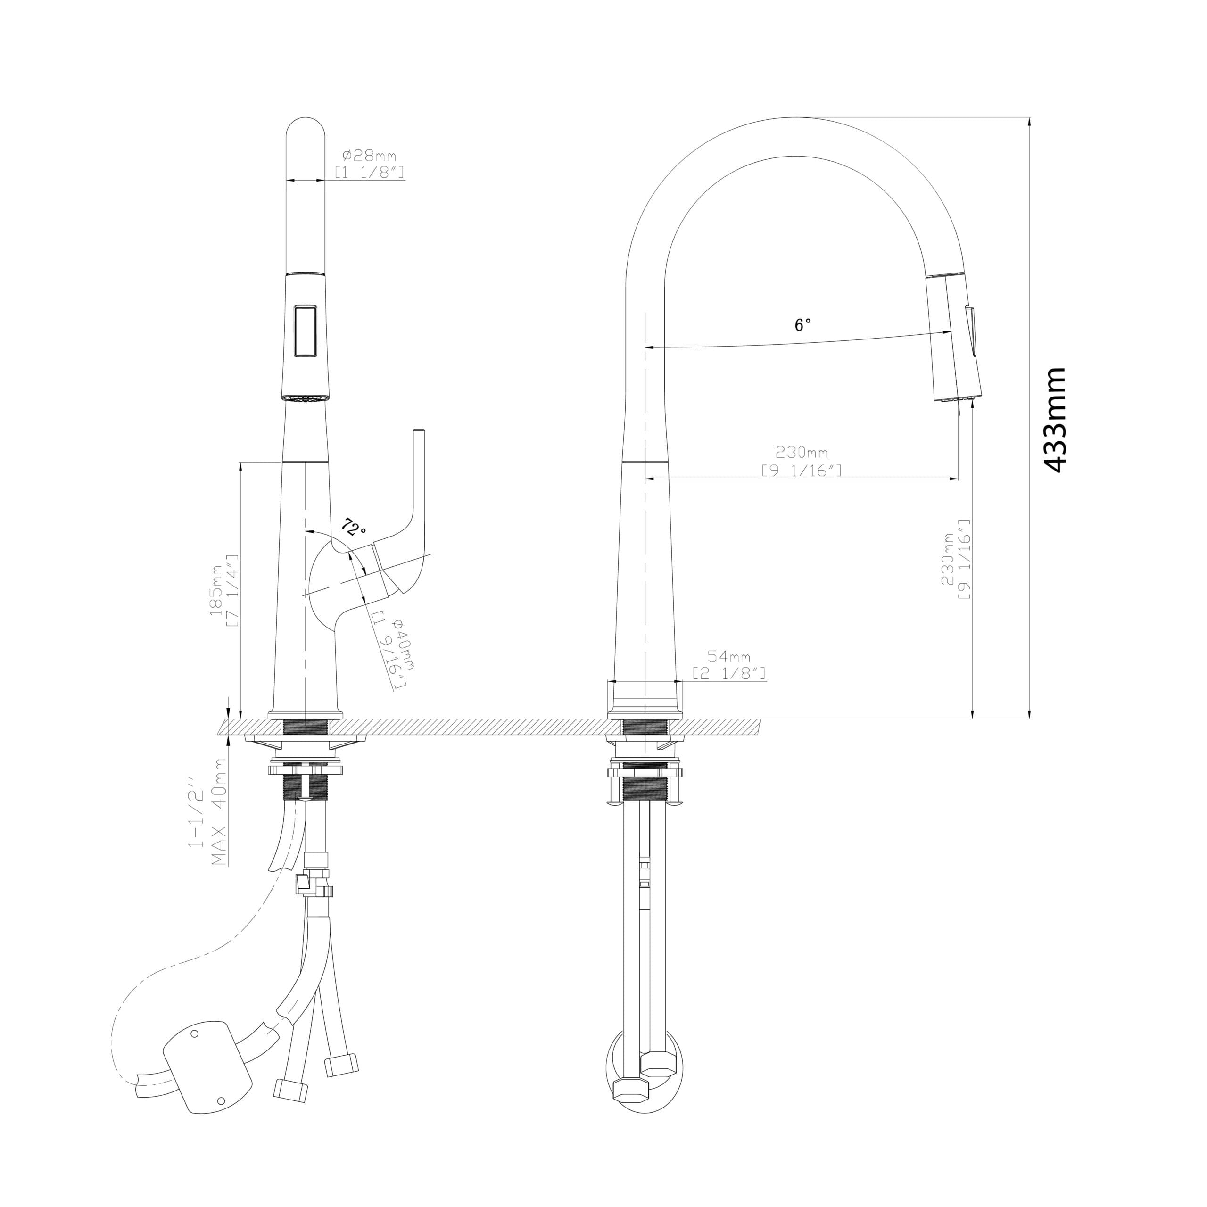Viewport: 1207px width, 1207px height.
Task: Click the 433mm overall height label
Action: [1055, 419]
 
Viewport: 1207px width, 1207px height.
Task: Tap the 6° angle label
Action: [803, 325]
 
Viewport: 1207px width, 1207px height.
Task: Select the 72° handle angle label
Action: [354, 528]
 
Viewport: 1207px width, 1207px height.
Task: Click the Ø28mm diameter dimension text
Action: [369, 156]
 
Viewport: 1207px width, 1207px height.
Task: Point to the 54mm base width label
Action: [728, 657]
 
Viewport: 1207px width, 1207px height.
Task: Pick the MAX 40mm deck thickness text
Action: [219, 812]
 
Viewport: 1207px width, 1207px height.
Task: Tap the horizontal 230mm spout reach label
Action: [802, 451]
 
